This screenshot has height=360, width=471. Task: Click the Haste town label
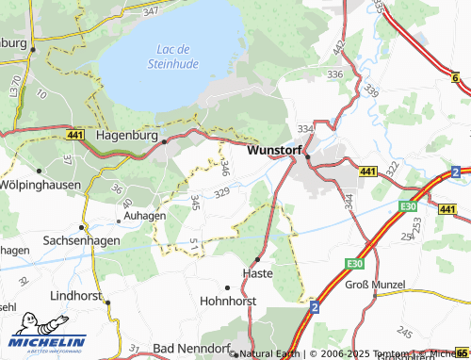(257, 272)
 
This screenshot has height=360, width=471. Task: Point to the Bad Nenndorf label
(188, 349)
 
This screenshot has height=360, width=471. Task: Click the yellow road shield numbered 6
(456, 77)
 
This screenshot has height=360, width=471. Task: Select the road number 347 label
(152, 11)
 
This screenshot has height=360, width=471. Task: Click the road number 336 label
(333, 73)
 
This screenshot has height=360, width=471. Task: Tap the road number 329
(222, 193)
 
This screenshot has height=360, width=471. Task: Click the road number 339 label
(371, 90)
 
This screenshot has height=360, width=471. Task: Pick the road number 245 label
(404, 332)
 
